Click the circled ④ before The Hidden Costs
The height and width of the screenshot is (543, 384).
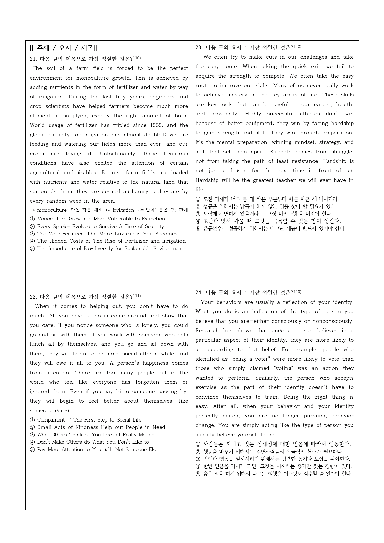[32, 241]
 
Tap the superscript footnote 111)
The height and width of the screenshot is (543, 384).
[137, 296]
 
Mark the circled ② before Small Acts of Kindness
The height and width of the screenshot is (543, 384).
[32, 427]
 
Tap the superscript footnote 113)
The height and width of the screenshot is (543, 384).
[298, 292]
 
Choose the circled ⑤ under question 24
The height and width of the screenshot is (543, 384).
[198, 474]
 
